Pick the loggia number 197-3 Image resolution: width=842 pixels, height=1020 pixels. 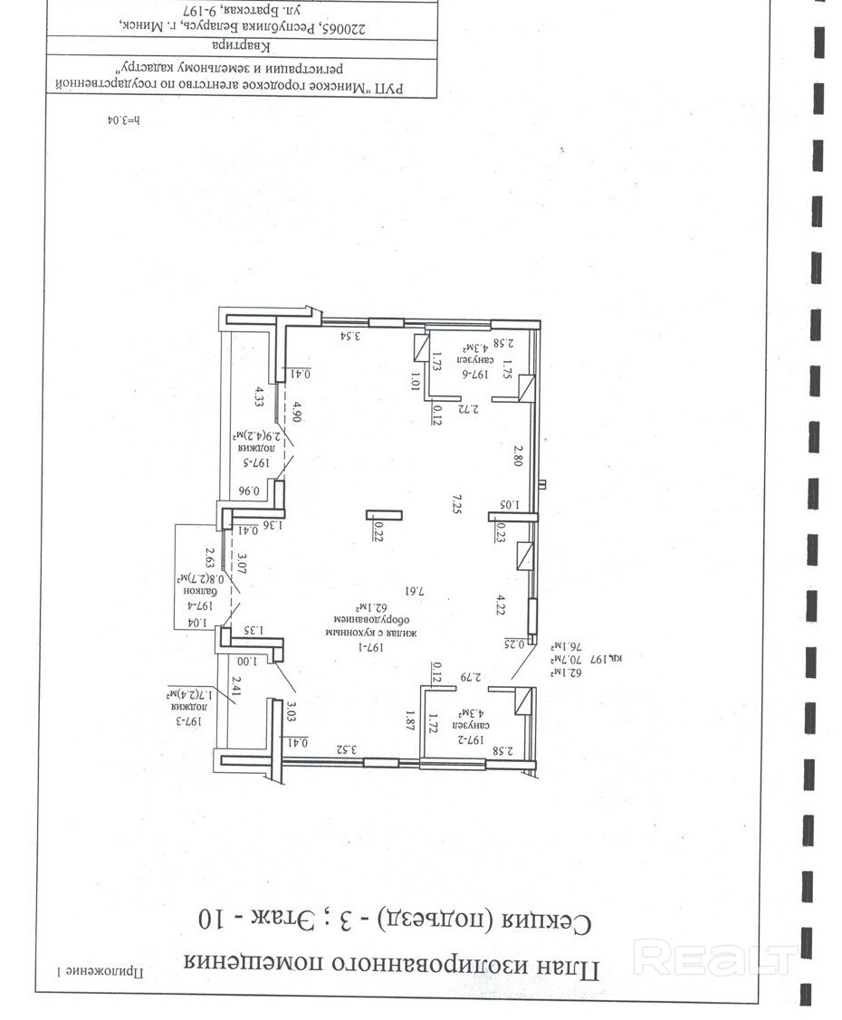click(x=192, y=720)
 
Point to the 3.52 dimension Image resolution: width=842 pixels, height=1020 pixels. click(x=349, y=748)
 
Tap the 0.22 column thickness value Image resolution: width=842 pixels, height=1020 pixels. click(x=379, y=535)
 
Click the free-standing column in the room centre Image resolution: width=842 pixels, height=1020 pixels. click(x=382, y=515)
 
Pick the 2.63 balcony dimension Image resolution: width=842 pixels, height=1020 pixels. click(x=209, y=556)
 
